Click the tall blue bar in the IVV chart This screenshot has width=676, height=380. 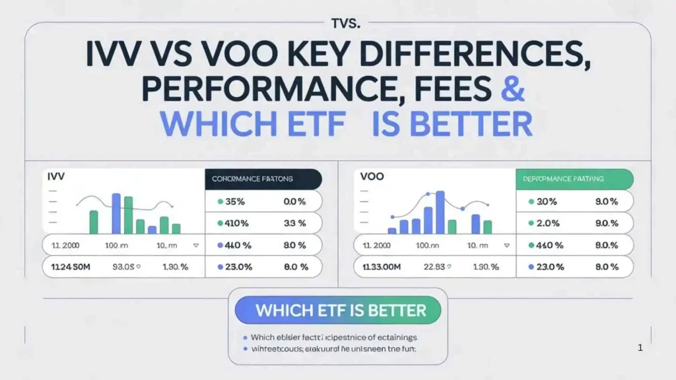pos(116,213)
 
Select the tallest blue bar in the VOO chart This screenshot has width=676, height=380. pos(440,212)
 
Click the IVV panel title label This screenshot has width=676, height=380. pos(54,177)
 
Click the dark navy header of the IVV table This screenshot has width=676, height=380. pos(263,179)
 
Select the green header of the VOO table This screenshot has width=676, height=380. pos(574,179)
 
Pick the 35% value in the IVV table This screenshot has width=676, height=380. pos(236,202)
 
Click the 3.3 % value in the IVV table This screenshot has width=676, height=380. pos(294,223)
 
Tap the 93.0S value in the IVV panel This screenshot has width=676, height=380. pos(123,267)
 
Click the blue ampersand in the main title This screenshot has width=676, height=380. pos(513,90)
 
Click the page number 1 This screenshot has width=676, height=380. pos(640,348)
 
